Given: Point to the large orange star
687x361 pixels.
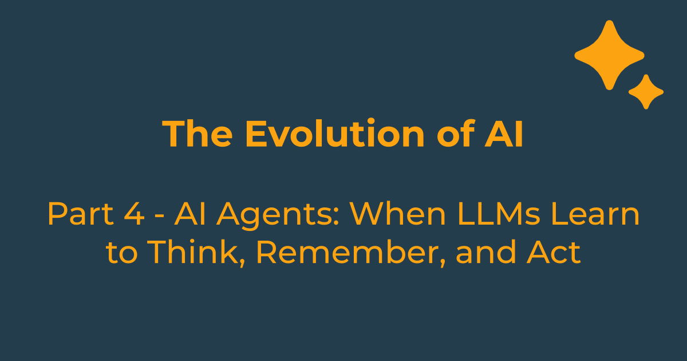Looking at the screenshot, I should click(x=609, y=55).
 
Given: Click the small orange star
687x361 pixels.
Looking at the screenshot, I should click(x=646, y=92).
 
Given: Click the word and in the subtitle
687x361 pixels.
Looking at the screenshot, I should click(x=482, y=253).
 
